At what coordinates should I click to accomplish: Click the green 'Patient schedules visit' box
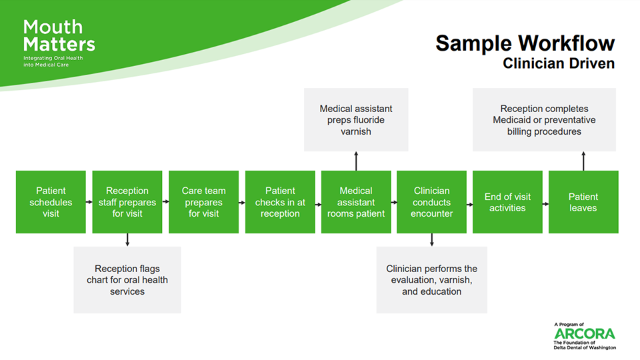[x=51, y=202]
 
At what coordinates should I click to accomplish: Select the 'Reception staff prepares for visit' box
[x=127, y=202]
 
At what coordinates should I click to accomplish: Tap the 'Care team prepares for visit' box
[x=204, y=202]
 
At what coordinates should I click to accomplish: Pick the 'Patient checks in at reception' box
[x=280, y=202]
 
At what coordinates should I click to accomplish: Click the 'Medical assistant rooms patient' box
[x=356, y=202]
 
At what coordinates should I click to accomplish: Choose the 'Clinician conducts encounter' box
[x=431, y=202]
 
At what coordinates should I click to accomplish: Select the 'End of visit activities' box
[x=507, y=202]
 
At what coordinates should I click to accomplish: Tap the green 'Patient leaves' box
[x=583, y=202]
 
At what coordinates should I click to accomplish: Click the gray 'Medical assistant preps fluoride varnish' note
[x=356, y=119]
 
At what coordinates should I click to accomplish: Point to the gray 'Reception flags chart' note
[x=127, y=280]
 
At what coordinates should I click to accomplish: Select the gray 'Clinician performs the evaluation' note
[x=432, y=280]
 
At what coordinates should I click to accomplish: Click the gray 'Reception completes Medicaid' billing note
[x=544, y=119]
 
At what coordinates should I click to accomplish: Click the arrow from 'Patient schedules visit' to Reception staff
[x=89, y=202]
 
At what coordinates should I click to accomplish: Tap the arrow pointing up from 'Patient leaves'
[x=583, y=161]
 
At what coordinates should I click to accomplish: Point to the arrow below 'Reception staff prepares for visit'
[x=127, y=240]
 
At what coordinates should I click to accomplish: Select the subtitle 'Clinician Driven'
[x=559, y=64]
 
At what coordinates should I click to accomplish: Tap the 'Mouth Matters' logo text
[x=59, y=36]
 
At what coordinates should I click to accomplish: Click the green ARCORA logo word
[x=585, y=333]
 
